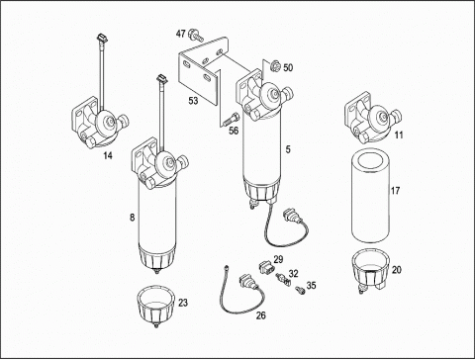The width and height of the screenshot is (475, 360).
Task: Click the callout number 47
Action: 180,34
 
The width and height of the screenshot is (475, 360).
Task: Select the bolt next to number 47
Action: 195,35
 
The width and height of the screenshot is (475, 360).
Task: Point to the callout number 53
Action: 193,100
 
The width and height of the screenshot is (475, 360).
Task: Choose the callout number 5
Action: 288,149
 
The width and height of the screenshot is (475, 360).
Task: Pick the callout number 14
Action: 108,155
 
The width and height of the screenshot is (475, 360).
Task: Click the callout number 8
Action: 132,218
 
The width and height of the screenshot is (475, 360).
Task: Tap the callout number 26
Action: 261,315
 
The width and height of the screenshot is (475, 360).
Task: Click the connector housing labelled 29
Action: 266,266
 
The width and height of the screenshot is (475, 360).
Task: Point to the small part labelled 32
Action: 282,279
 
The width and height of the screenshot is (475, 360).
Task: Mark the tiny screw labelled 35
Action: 300,290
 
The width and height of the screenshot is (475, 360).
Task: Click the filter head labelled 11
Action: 372,118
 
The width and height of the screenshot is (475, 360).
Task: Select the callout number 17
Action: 395,190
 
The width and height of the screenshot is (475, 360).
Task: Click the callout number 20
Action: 397,270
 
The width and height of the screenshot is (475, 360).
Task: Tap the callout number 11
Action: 399,135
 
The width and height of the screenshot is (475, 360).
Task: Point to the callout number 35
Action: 312,285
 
